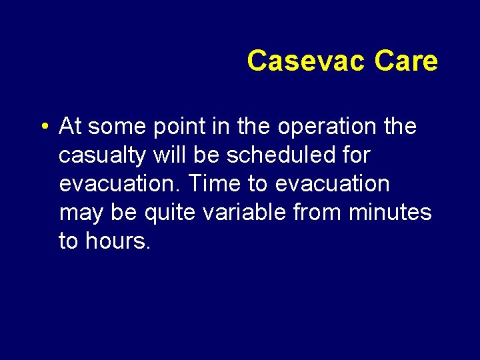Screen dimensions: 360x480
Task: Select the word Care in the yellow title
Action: pyautogui.click(x=406, y=61)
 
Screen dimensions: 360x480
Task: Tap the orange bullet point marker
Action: pyautogui.click(x=43, y=127)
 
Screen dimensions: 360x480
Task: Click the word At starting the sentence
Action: pyautogui.click(x=70, y=125)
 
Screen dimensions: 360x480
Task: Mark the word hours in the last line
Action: pyautogui.click(x=118, y=241)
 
